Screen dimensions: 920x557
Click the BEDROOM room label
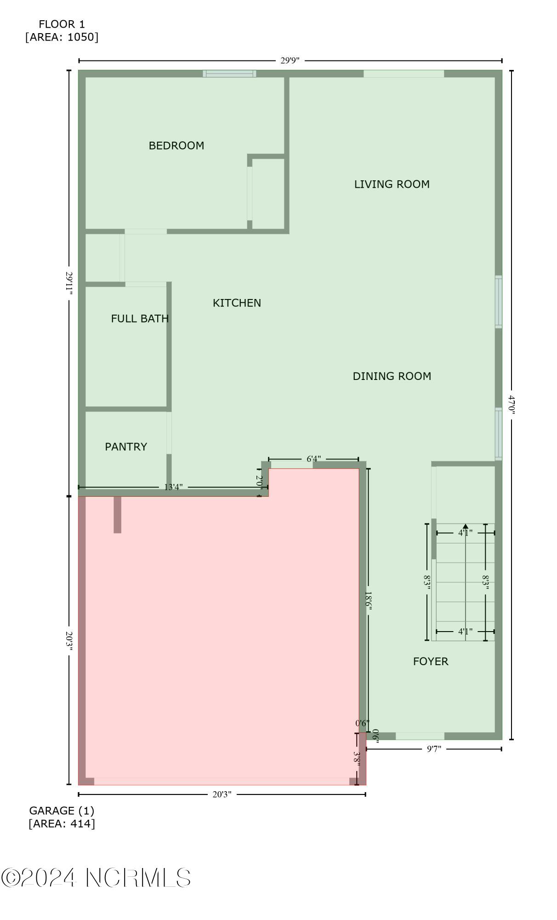pos(176,146)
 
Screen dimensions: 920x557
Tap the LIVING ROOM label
pos(392,184)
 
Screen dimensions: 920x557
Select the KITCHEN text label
pos(237,303)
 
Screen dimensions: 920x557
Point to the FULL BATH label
pos(140,319)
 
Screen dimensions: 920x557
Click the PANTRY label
pos(126,447)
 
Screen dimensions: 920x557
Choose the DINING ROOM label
pos(392,376)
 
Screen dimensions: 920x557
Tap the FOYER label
pos(430,661)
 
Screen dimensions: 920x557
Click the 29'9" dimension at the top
pos(290,61)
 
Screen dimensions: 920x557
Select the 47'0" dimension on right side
pos(511,405)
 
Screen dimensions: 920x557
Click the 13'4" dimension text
pos(174,487)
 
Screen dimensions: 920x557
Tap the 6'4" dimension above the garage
pos(313,459)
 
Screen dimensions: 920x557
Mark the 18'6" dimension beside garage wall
pos(368,601)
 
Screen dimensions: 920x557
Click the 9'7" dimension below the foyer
pos(434,749)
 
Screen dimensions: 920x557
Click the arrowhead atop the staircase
pos(466,526)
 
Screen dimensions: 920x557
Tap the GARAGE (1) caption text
pos(62,811)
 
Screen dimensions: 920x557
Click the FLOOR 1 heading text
pos(62,24)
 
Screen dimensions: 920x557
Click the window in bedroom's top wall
pos(229,74)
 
